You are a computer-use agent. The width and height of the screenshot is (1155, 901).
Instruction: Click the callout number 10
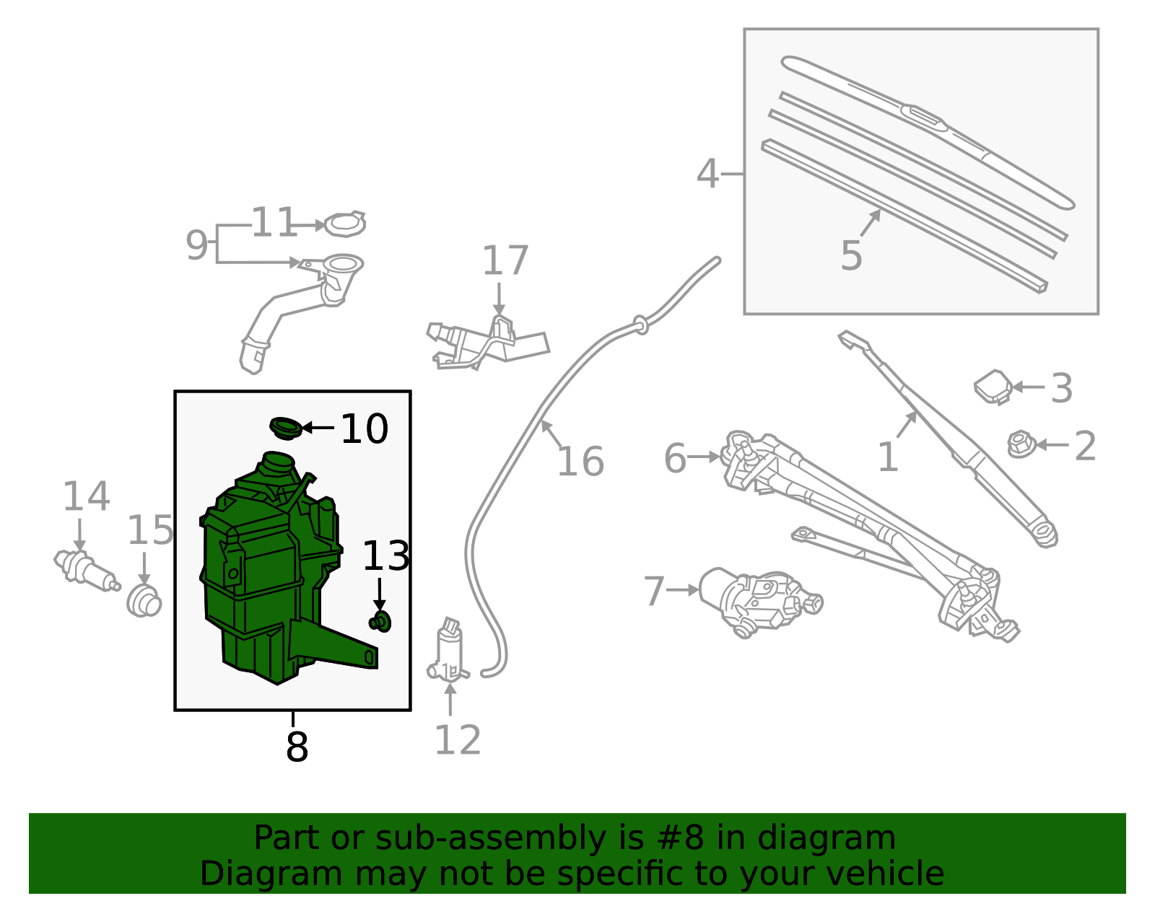pos(365,429)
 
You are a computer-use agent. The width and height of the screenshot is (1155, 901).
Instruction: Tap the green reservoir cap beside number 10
pos(286,427)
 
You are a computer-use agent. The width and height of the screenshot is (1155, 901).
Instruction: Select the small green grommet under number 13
pos(380,621)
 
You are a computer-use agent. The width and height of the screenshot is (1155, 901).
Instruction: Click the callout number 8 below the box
pos(297,747)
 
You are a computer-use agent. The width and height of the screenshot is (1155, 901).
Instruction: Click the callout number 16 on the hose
pos(580,462)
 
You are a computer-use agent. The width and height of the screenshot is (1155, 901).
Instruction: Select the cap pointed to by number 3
pos(993,387)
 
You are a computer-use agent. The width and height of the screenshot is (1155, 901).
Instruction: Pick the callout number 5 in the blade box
pos(852,255)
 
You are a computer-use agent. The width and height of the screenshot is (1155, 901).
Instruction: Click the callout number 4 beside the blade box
pos(708,175)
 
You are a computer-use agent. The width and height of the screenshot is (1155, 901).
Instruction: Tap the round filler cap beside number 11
pos(345,224)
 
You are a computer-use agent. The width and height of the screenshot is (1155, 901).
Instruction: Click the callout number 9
pos(196,245)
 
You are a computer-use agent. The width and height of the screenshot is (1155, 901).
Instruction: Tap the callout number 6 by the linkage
pos(675,459)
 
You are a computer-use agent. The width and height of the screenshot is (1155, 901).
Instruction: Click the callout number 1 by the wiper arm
pos(887,457)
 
